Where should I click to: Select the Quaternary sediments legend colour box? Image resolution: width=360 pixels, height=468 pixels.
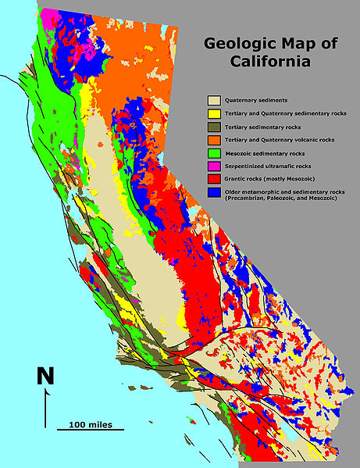(212, 100)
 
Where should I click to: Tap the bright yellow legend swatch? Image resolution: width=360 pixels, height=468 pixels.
(212, 113)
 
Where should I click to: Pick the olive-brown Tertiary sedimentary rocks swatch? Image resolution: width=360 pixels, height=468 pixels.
(212, 127)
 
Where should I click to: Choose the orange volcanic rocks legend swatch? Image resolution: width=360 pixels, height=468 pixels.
(212, 140)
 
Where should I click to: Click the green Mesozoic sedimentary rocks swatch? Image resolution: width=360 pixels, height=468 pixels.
(212, 153)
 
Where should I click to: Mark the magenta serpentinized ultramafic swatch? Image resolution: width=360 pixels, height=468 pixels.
(212, 166)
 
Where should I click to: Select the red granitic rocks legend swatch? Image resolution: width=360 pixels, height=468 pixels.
(212, 179)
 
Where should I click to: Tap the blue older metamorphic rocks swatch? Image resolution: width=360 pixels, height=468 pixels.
(212, 191)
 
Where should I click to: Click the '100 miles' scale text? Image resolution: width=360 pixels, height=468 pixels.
(91, 424)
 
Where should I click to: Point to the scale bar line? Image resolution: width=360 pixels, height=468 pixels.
(90, 430)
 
